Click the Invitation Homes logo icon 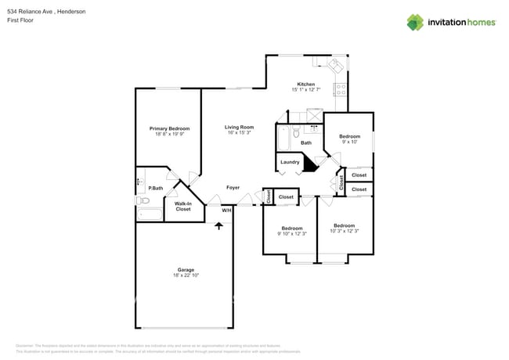click(x=414, y=22)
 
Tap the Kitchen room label click(x=305, y=84)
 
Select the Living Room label click(x=239, y=127)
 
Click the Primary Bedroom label click(x=170, y=128)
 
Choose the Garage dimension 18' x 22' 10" click(x=186, y=275)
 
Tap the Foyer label click(x=233, y=188)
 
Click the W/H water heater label click(x=226, y=210)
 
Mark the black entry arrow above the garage click(x=219, y=225)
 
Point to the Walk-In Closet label click(x=182, y=206)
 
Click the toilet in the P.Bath click(x=143, y=201)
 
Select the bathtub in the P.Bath click(x=149, y=214)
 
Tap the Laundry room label click(x=290, y=162)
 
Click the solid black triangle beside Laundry click(x=309, y=163)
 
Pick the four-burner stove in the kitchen click(x=341, y=88)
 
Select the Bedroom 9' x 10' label click(x=349, y=139)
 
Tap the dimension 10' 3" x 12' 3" click(x=344, y=231)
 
